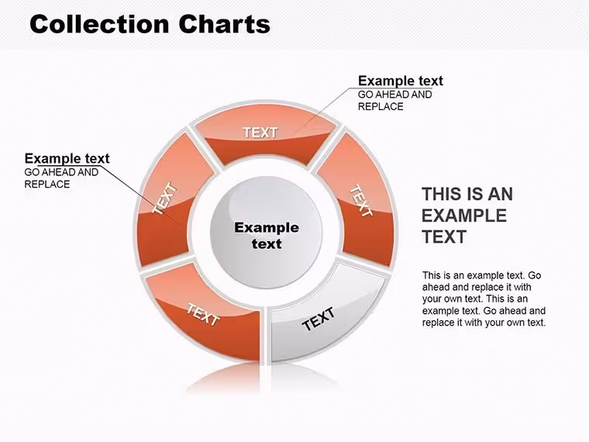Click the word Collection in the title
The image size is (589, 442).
pyautogui.click(x=99, y=25)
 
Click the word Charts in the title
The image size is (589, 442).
pyautogui.click(x=224, y=25)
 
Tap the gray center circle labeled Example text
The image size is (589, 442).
pyautogui.click(x=267, y=233)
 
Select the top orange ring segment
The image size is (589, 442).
pyautogui.click(x=265, y=134)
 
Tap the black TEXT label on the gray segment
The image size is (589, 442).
pyautogui.click(x=319, y=319)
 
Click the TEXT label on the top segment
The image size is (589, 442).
pyautogui.click(x=260, y=133)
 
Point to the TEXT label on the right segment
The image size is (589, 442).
pyautogui.click(x=361, y=200)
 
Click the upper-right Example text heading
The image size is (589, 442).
pyautogui.click(x=401, y=81)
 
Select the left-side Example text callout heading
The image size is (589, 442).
pyautogui.click(x=67, y=159)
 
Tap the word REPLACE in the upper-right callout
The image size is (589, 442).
pyautogui.click(x=381, y=107)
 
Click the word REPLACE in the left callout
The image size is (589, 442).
pyautogui.click(x=47, y=185)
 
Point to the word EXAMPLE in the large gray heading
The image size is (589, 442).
pyautogui.click(x=464, y=216)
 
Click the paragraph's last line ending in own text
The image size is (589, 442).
pyautogui.click(x=484, y=323)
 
